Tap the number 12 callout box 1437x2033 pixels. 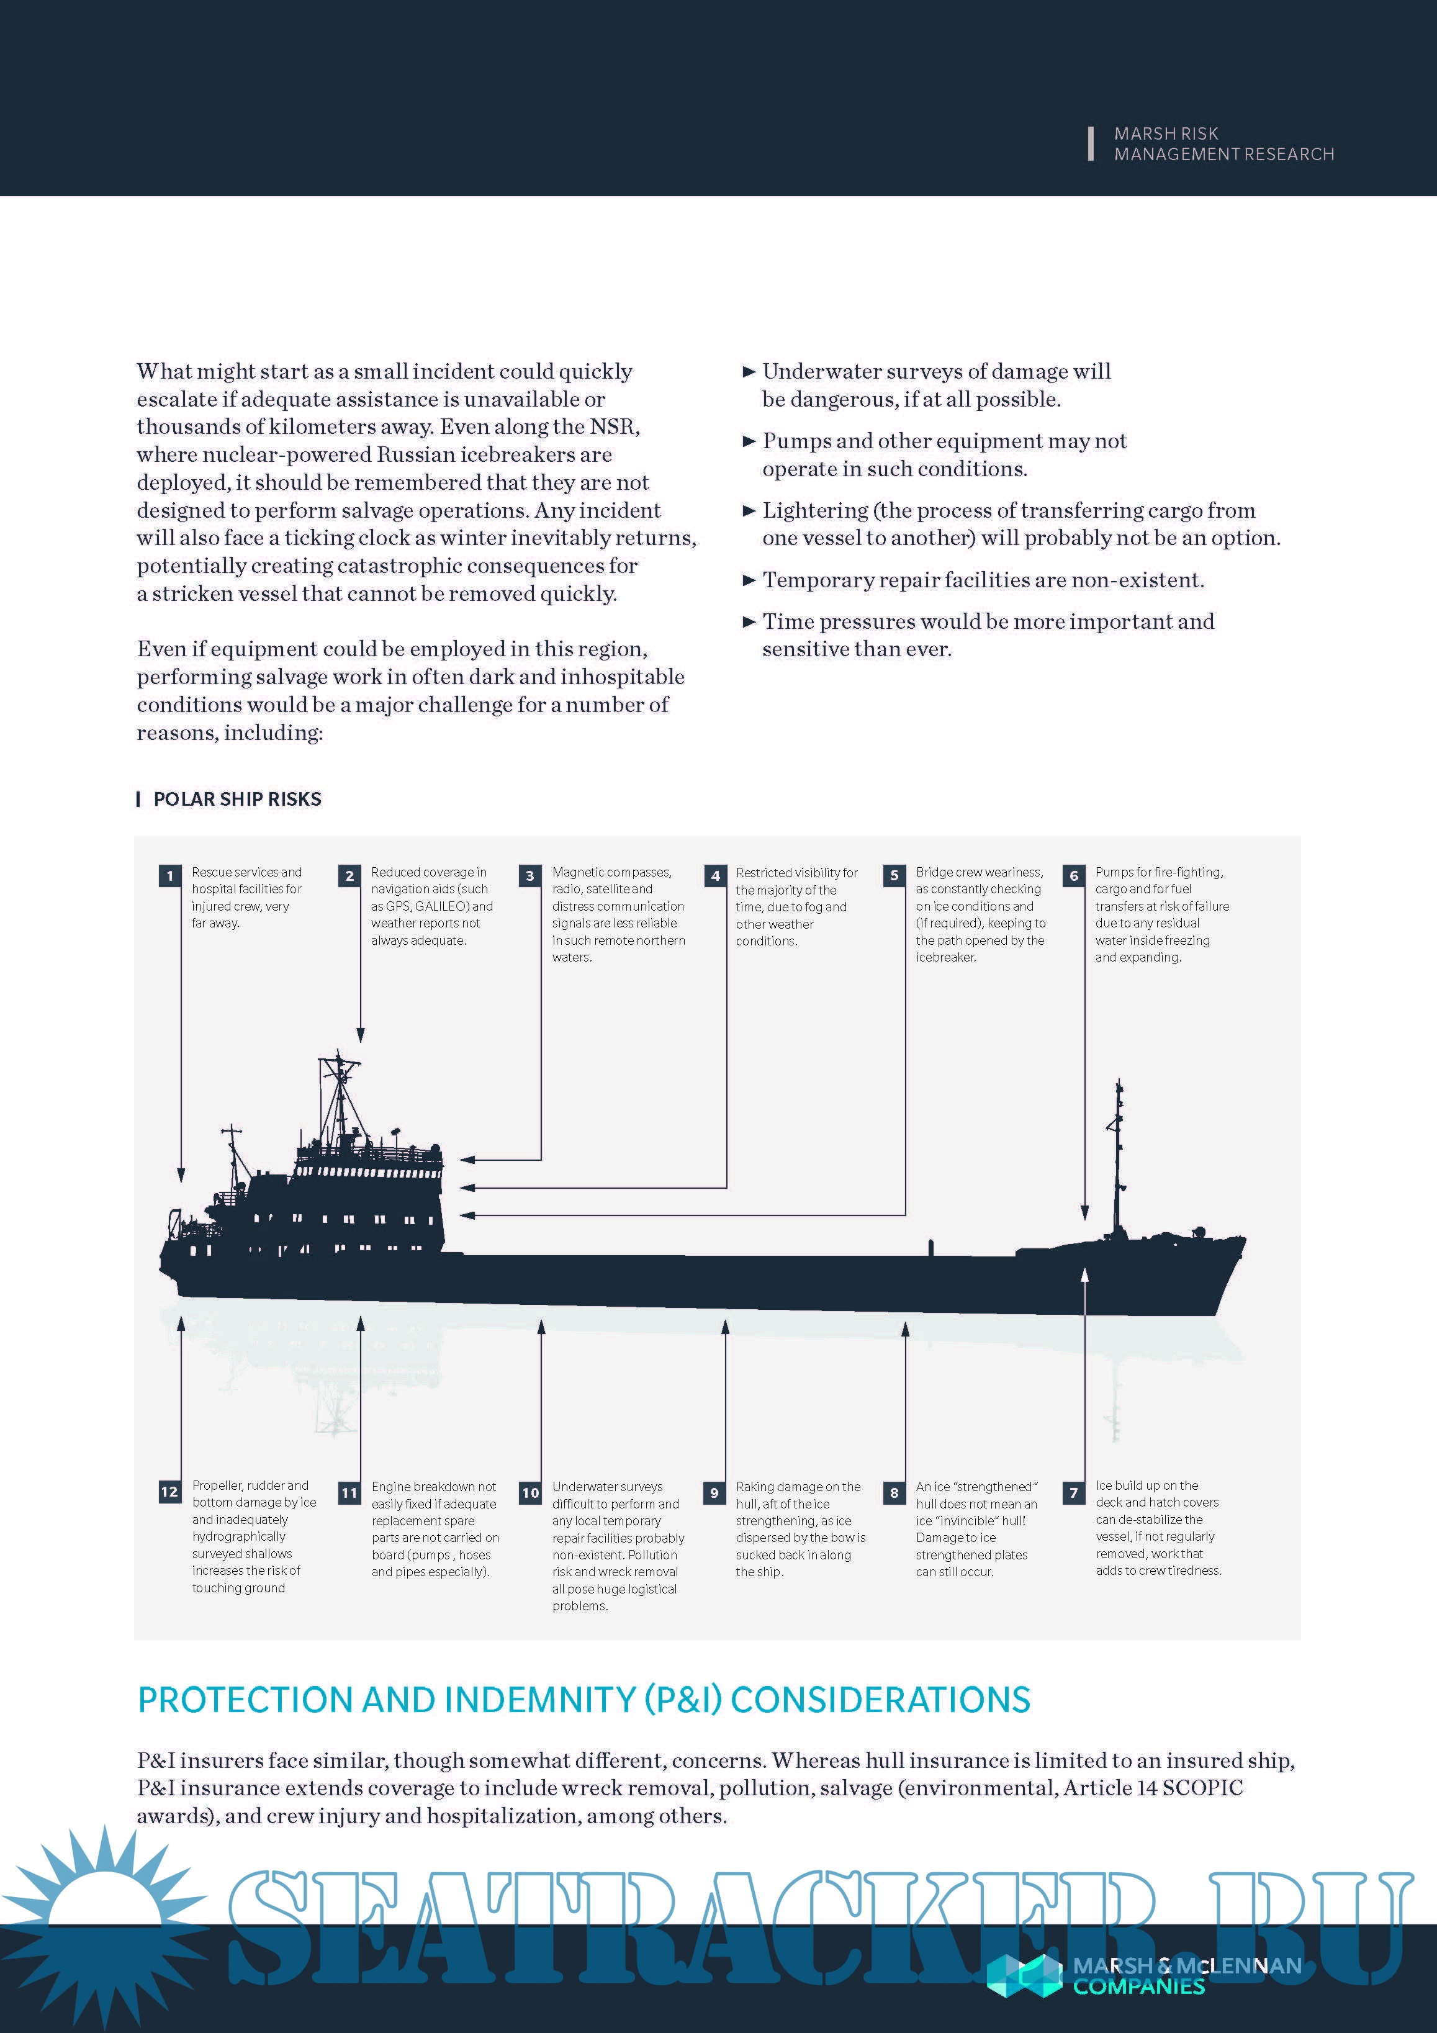pos(169,1492)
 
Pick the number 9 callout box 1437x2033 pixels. pos(714,1493)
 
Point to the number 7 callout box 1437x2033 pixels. pos(1074,1493)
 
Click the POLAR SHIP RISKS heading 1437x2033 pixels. pos(236,799)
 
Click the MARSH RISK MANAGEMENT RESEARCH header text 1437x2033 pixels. pos(1223,143)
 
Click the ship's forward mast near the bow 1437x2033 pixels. pos(1119,1151)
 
